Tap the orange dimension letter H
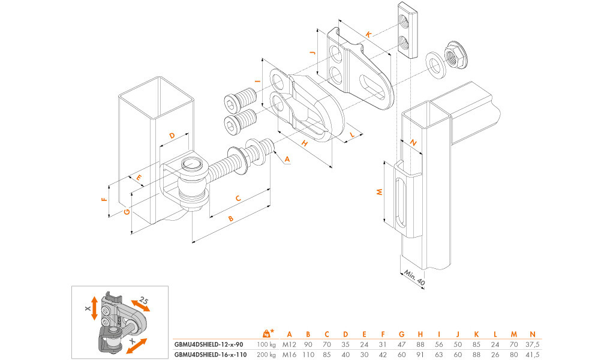(x=305, y=143)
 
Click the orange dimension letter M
(x=378, y=192)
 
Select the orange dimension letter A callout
(x=287, y=159)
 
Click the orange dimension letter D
(x=172, y=136)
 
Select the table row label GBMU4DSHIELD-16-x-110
(x=210, y=354)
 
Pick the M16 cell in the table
(x=289, y=354)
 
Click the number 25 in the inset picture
(x=144, y=300)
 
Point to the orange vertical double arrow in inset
(x=94, y=307)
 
